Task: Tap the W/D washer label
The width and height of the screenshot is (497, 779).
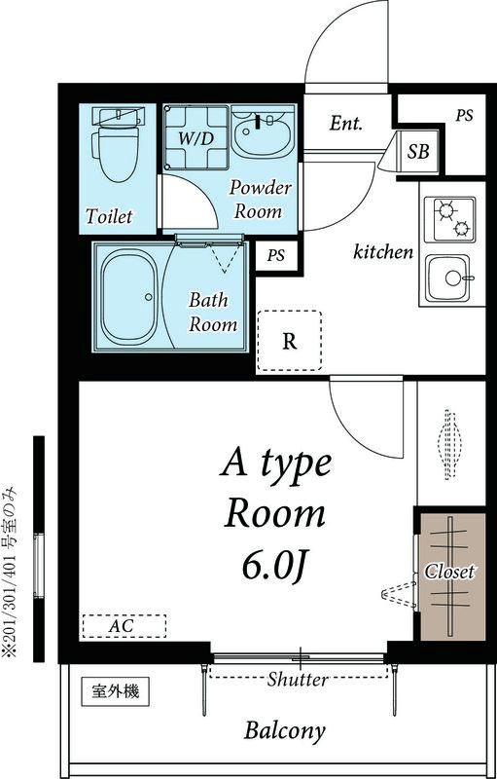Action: coord(195,139)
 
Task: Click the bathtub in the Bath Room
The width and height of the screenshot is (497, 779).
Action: coord(129,297)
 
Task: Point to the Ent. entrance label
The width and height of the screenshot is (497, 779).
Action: coord(345,124)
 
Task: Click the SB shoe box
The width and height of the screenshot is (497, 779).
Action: coord(418,151)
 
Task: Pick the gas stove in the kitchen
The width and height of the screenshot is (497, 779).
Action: coord(449,219)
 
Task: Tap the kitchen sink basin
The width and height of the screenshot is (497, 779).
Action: coord(447,278)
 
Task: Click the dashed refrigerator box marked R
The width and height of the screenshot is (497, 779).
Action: coord(289,341)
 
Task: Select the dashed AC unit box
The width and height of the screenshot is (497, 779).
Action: coord(124,626)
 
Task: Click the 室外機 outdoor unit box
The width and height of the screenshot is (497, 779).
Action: coord(116,691)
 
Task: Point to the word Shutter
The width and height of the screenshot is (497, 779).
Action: coord(298,679)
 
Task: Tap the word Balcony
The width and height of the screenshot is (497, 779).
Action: coord(285,730)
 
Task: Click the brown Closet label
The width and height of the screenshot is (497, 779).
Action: coord(449,572)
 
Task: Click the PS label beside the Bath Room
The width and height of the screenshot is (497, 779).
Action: coord(276,256)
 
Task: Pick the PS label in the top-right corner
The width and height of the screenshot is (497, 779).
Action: coord(464,116)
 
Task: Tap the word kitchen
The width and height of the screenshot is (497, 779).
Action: coord(383,252)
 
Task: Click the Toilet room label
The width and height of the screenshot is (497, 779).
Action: coord(110,216)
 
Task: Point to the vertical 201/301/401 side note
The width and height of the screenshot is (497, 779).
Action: coord(10,572)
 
